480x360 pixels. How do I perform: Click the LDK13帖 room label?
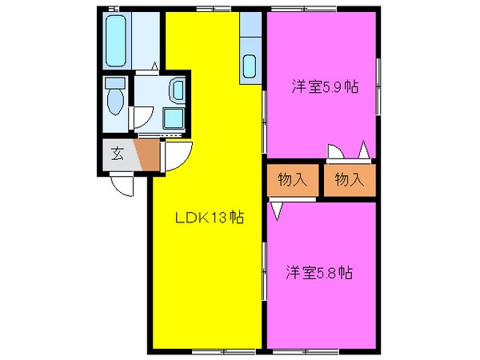coord(210,218)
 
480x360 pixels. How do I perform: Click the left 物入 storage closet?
coord(293,179)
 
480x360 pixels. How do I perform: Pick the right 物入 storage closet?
coord(349,179)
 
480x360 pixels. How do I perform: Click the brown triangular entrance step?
coord(148,154)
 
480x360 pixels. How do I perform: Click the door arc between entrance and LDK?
coord(178,157)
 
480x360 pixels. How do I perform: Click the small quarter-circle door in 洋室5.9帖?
coord(334,152)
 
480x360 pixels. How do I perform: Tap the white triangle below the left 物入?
coord(277,210)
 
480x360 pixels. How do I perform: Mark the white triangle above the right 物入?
coord(363,150)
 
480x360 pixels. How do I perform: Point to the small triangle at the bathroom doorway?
coord(154,66)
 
